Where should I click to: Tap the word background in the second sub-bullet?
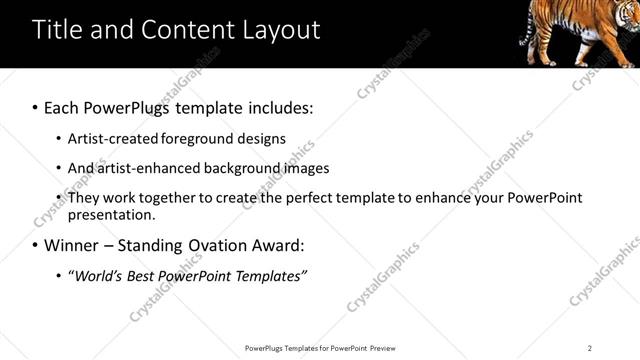254,168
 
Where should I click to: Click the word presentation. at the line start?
112,215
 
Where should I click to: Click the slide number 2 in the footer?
590,348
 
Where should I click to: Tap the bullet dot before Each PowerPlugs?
36,107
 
